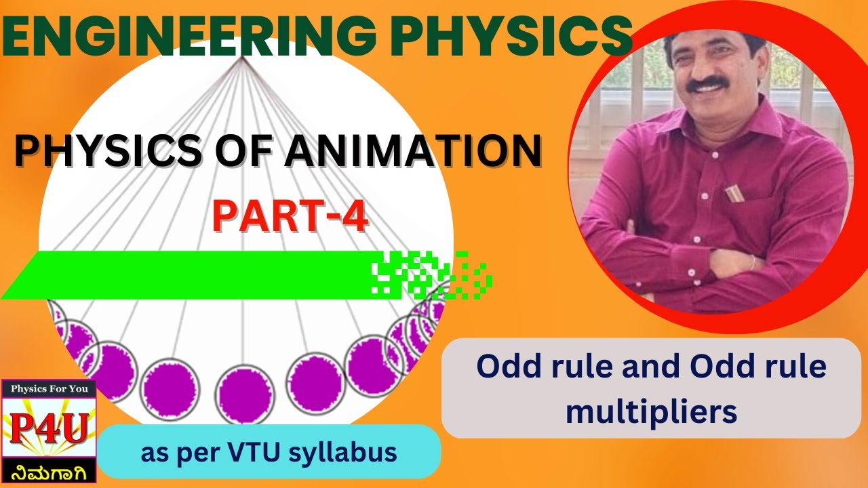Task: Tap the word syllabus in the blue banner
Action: click(x=346, y=453)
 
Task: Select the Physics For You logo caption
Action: click(x=48, y=390)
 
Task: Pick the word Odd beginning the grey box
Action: click(x=505, y=367)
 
